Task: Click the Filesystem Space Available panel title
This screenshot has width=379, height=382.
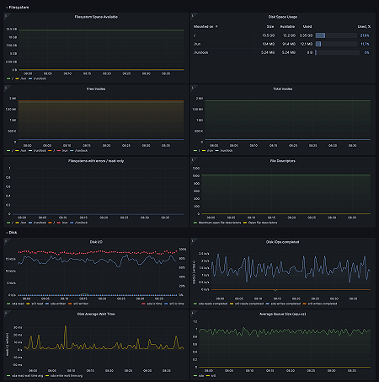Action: click(95, 17)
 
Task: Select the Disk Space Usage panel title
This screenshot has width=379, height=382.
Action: click(283, 17)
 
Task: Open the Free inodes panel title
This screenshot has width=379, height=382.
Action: click(95, 88)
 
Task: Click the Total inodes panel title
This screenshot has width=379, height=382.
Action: click(283, 88)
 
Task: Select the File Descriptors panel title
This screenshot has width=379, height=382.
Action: click(283, 159)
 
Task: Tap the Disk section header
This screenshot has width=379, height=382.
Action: click(13, 231)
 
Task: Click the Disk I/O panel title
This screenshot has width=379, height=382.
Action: click(95, 241)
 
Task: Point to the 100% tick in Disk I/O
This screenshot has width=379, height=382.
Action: click(183, 250)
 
